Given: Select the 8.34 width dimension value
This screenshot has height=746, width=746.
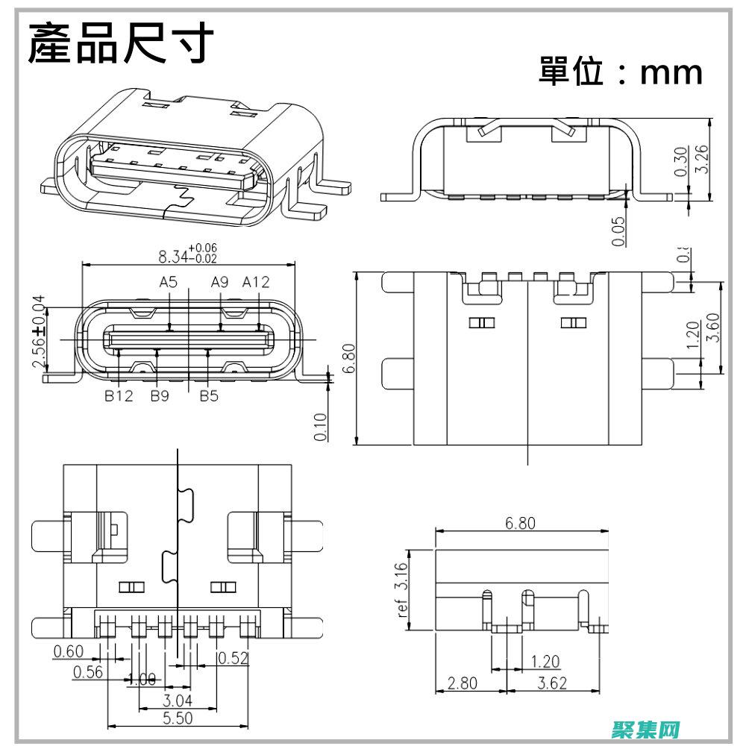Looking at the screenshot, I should (x=173, y=257).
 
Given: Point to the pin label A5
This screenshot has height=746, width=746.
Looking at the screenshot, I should (x=169, y=282).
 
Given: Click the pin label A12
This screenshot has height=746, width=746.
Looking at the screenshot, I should (x=256, y=282).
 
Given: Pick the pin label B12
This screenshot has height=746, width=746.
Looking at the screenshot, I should (x=118, y=396).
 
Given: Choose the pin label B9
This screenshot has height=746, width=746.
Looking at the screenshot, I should (x=160, y=396).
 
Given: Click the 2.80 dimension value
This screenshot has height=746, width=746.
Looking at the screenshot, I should (x=463, y=683).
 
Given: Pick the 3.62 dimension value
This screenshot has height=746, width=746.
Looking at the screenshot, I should (x=552, y=683).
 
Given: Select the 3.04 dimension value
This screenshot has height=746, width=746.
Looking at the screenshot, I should (x=178, y=700).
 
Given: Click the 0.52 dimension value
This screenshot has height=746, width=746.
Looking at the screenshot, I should (x=233, y=657).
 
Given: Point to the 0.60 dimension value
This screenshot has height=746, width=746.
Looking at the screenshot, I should (x=69, y=651).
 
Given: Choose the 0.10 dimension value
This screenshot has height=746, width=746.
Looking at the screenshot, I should (x=322, y=427).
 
